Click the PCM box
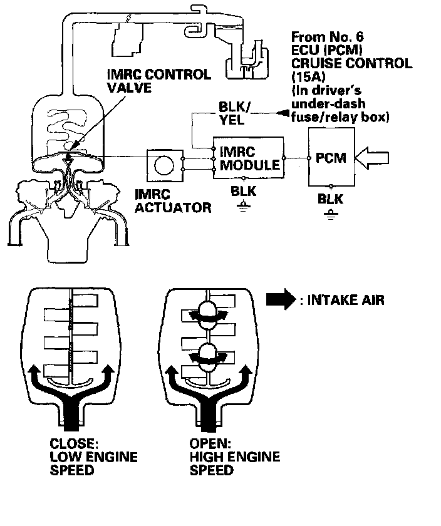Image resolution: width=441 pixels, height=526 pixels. click(331, 158)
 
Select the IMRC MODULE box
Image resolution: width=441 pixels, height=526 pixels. click(248, 158)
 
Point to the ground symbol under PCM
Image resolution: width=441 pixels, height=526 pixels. click(331, 212)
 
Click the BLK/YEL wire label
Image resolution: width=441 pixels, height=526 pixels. click(234, 112)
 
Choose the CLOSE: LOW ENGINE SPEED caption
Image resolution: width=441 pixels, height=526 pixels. click(93, 456)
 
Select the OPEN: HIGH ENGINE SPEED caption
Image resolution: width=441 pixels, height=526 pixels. click(234, 456)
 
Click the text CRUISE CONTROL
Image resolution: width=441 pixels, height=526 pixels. click(352, 63)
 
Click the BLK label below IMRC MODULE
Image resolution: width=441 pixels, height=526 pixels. click(244, 190)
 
